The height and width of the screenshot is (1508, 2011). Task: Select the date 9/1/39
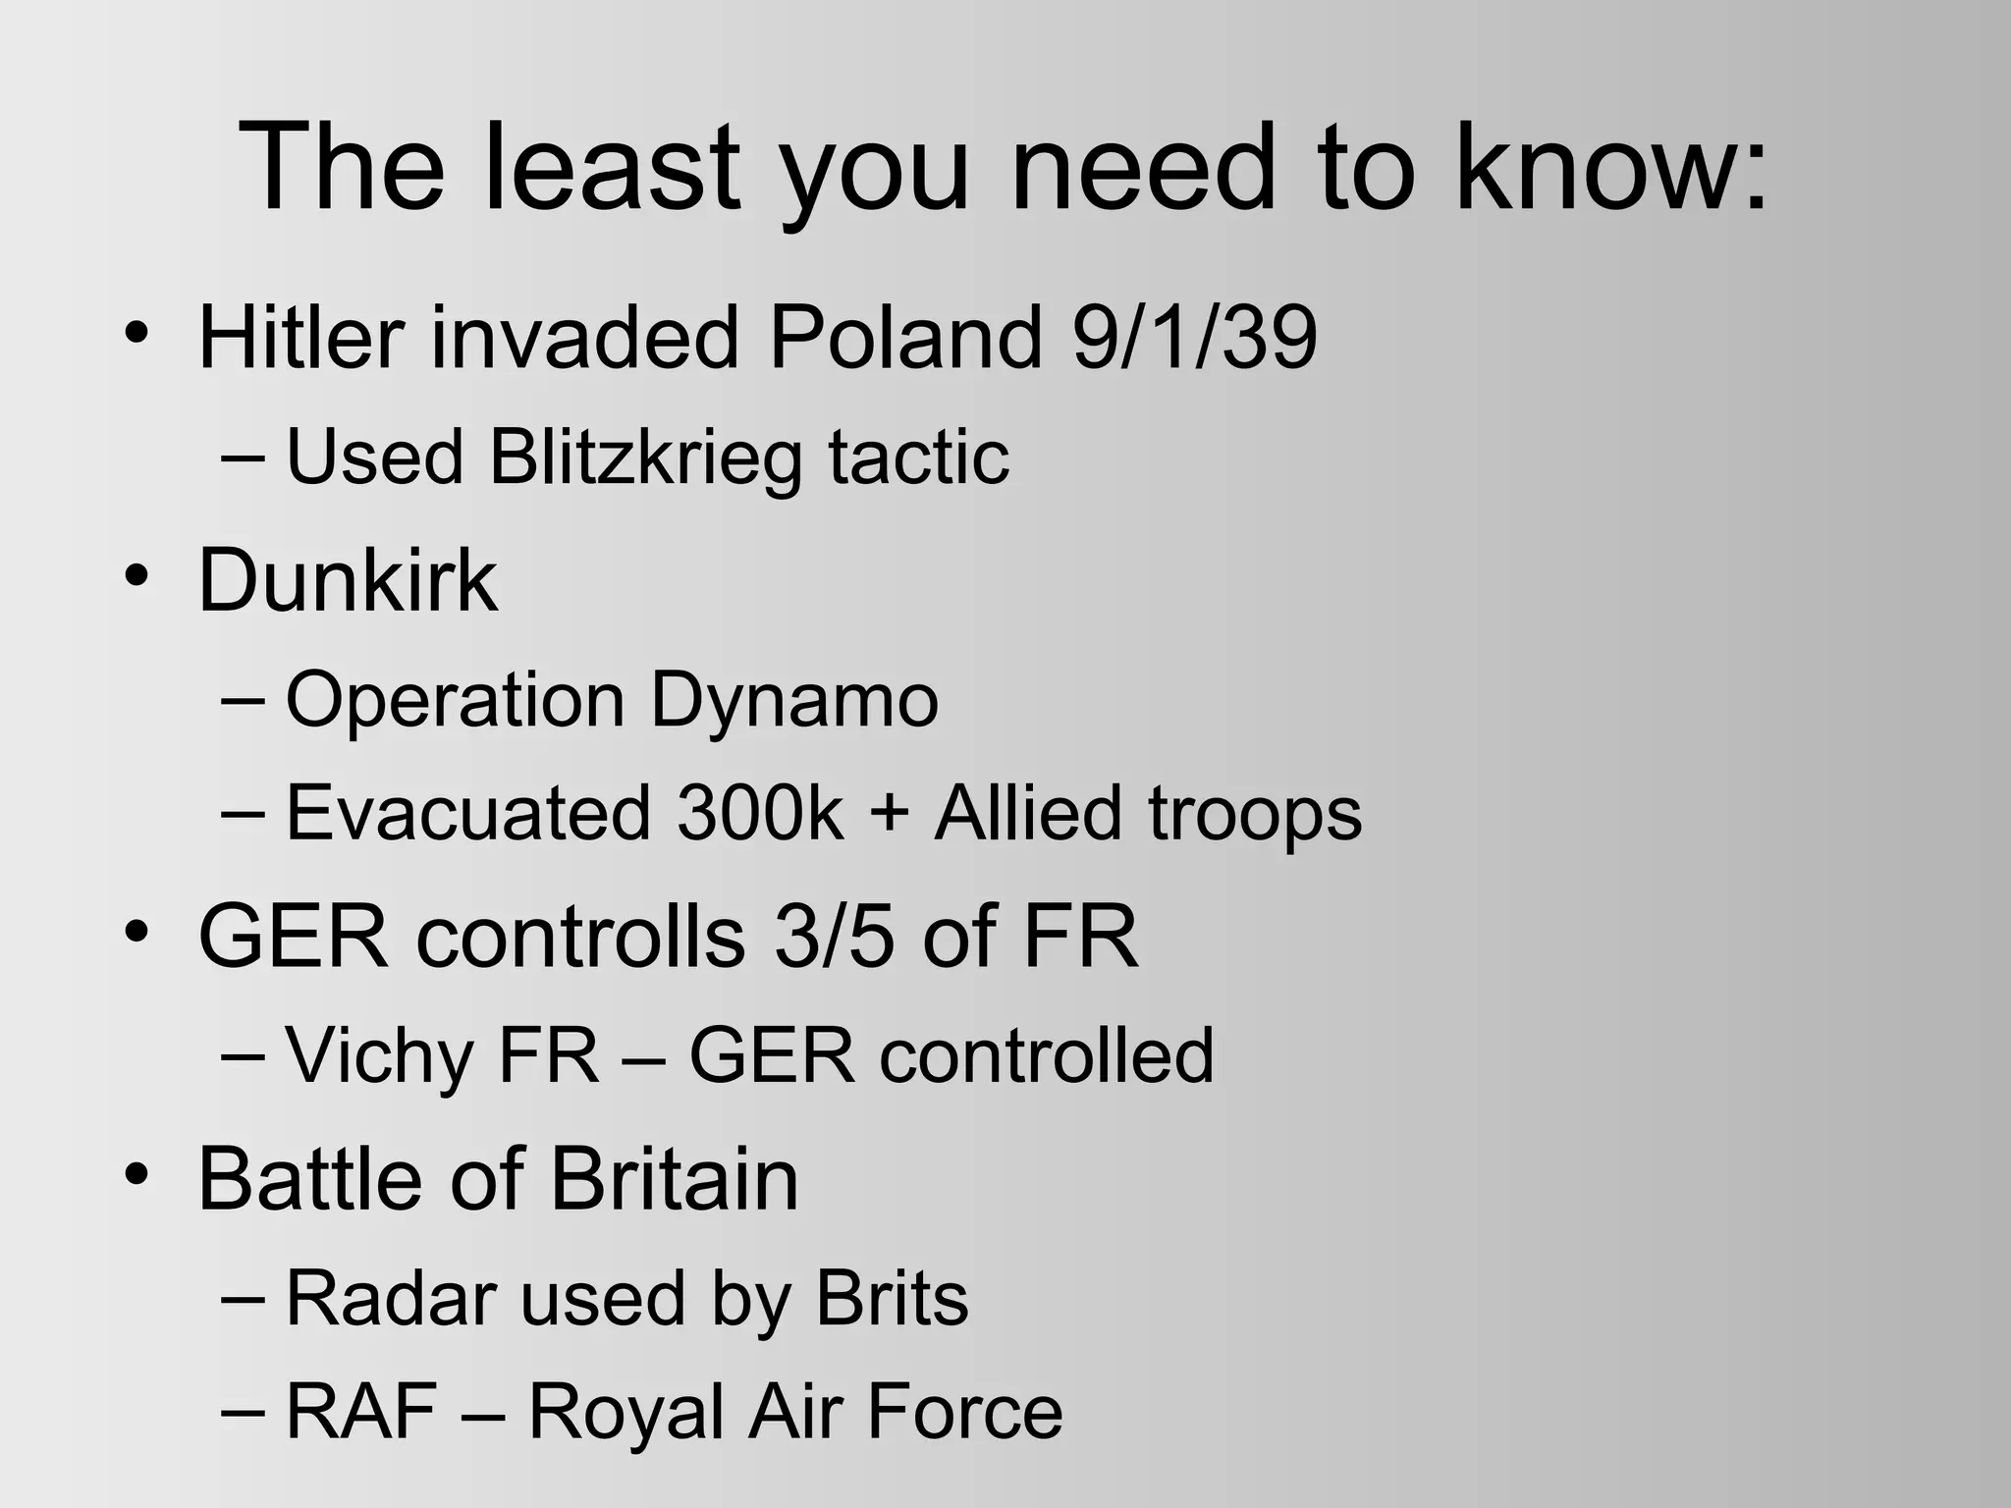point(1194,338)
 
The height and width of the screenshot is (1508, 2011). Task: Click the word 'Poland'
point(904,338)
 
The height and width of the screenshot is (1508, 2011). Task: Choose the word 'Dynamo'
point(794,700)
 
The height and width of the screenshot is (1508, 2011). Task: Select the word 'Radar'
point(388,1298)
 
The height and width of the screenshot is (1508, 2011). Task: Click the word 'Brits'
point(893,1298)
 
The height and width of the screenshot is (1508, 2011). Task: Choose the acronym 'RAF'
point(361,1412)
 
